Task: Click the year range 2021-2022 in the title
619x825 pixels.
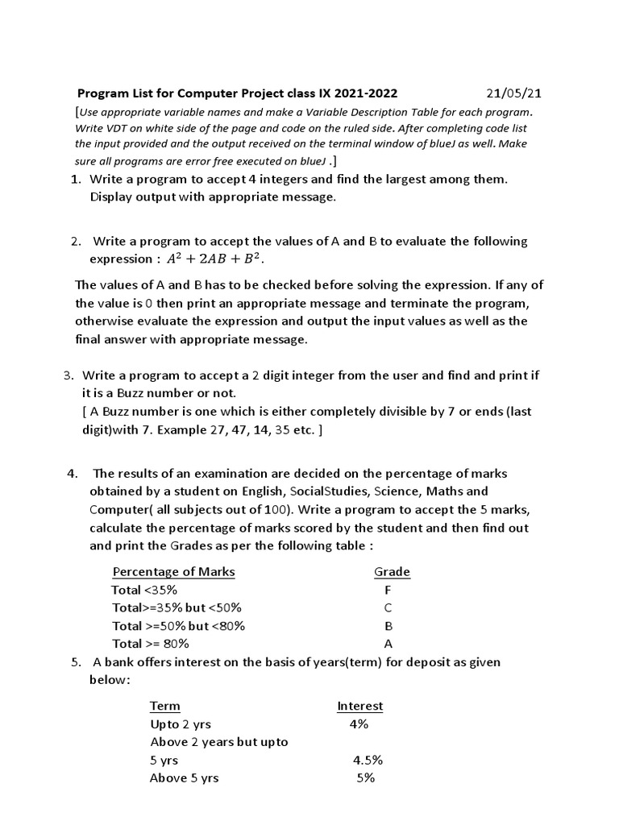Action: [361, 93]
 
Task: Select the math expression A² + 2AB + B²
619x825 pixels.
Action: [215, 259]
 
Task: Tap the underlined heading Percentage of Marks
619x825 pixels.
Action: [173, 571]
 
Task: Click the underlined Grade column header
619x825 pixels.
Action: [392, 571]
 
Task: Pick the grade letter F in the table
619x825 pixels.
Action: [388, 590]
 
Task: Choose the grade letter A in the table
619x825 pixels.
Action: [388, 644]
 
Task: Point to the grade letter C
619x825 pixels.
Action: [388, 607]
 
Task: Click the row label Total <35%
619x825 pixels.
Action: [145, 590]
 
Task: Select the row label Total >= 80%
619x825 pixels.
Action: [151, 644]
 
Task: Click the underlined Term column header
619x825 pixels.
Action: [165, 706]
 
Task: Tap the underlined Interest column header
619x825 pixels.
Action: [359, 706]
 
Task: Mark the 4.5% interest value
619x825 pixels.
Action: [368, 760]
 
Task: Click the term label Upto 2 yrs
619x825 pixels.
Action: [181, 724]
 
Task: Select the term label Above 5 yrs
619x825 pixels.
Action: [184, 778]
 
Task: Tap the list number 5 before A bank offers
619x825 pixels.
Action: [75, 662]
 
